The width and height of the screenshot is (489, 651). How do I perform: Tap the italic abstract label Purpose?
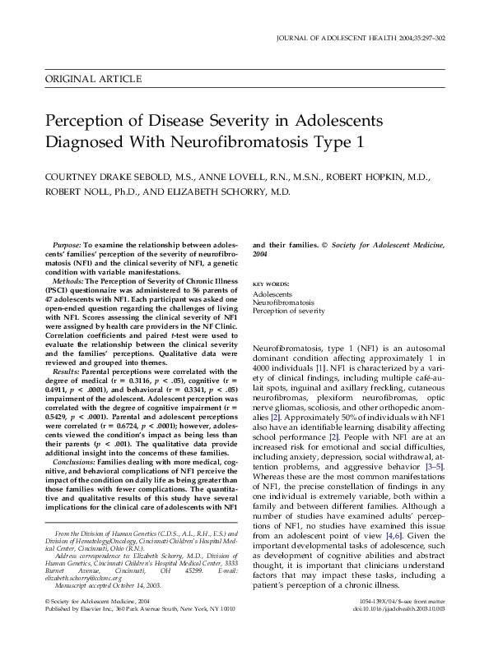(x=67, y=246)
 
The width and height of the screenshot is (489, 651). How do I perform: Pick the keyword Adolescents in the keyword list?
(x=272, y=293)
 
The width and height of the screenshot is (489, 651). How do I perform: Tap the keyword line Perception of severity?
(x=289, y=311)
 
